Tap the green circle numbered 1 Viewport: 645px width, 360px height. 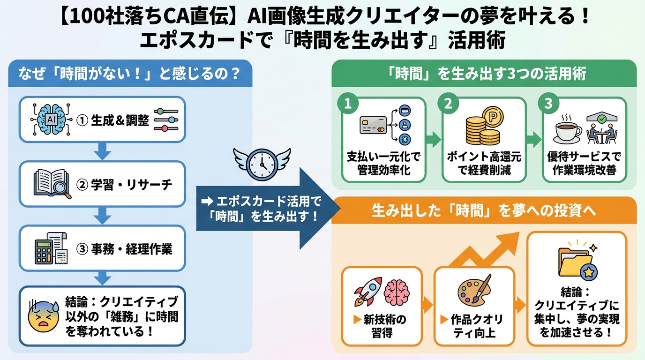348,105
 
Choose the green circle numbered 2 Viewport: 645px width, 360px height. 448,105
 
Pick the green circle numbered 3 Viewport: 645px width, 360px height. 548,105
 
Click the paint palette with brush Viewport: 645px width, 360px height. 474,289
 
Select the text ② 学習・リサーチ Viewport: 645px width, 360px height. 124,184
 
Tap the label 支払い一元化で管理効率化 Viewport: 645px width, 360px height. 384,164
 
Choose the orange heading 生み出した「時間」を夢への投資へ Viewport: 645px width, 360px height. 484,210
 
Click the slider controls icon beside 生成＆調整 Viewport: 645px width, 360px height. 166,120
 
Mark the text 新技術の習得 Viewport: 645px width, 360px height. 382,327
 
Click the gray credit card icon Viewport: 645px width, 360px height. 373,125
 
